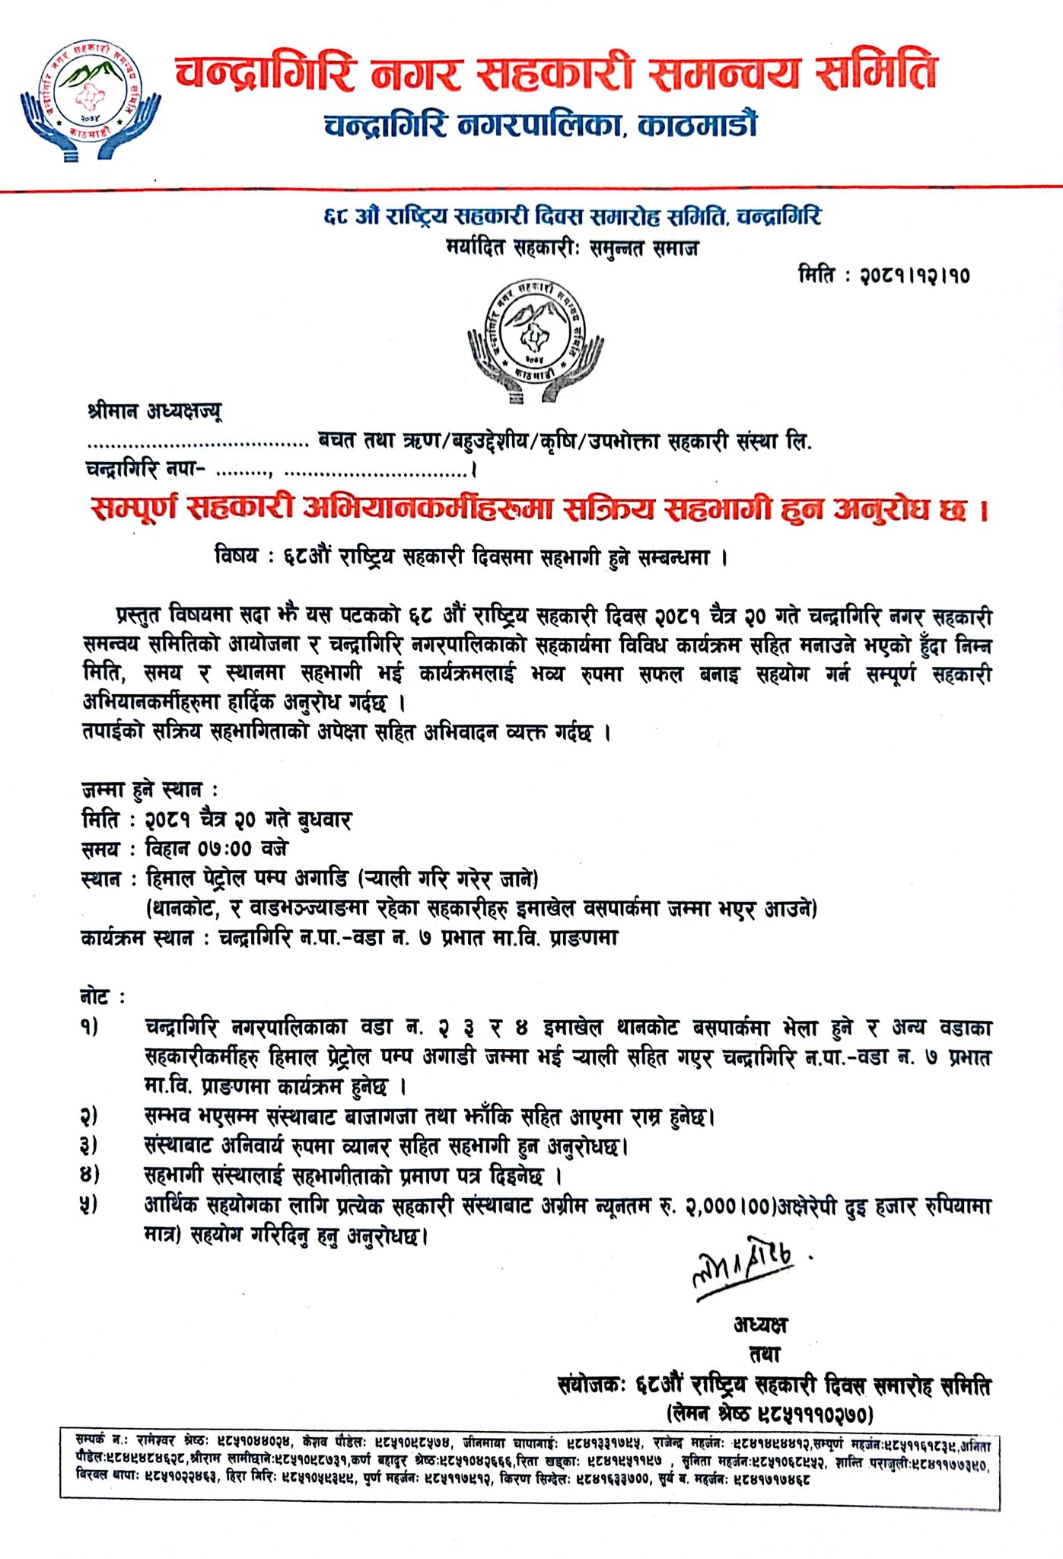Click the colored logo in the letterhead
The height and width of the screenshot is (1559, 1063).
coord(91,103)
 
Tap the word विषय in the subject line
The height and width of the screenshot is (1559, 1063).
coord(237,558)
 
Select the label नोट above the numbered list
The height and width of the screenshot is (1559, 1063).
coord(97,997)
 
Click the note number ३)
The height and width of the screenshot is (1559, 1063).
coord(90,1146)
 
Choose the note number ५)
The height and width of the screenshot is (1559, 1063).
coord(90,1206)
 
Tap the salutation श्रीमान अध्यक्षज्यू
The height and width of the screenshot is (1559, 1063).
coord(154,412)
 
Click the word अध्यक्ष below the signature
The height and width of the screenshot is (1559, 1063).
coord(761,1325)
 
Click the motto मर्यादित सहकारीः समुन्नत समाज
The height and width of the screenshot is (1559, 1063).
coord(572,248)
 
